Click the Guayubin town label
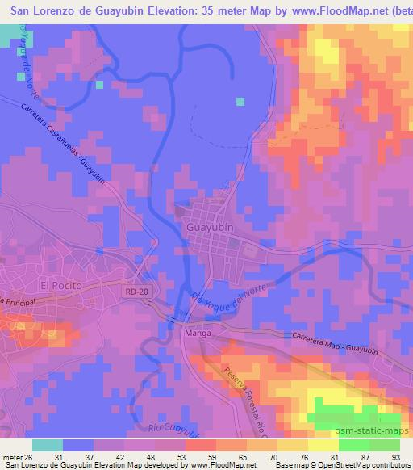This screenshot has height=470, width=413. click(210, 229)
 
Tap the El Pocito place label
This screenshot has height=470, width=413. click(60, 286)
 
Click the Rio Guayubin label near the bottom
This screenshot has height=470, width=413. click(173, 427)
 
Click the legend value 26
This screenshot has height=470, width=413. click(29, 459)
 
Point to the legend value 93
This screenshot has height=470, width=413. click(394, 459)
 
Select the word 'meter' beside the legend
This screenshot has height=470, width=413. click(12, 459)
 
